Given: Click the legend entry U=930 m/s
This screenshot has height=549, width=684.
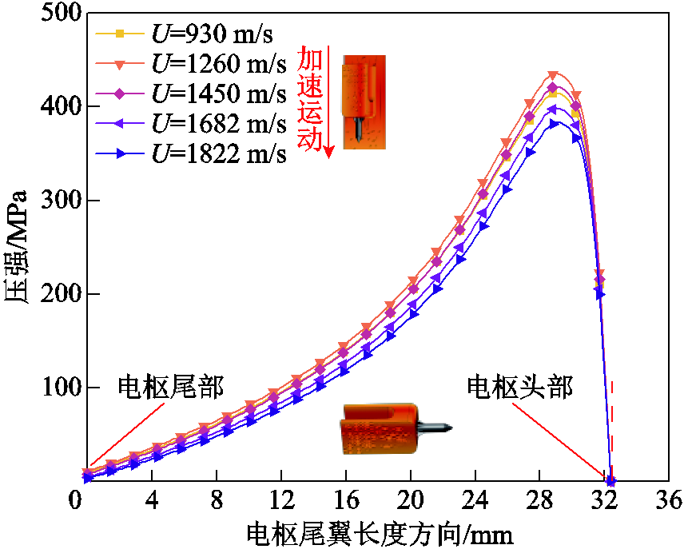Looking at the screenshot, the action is pyautogui.click(x=184, y=34).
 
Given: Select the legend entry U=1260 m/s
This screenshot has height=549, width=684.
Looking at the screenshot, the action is pyautogui.click(x=191, y=64).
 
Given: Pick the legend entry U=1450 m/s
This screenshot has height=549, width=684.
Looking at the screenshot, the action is pyautogui.click(x=191, y=93).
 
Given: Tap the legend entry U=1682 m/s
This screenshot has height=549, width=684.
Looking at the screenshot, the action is pyautogui.click(x=191, y=124).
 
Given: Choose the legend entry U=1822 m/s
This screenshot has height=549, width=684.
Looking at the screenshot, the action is pyautogui.click(x=191, y=153).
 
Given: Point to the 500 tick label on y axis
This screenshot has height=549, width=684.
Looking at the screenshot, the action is pyautogui.click(x=61, y=12).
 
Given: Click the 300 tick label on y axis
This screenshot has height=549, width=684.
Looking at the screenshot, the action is pyautogui.click(x=61, y=200).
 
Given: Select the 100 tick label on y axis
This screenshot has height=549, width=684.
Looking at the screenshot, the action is pyautogui.click(x=61, y=387).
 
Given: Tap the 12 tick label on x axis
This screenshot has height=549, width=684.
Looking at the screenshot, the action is pyautogui.click(x=281, y=499).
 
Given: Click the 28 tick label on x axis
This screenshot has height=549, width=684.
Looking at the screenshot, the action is pyautogui.click(x=539, y=499).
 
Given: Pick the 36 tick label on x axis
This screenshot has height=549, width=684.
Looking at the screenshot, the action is pyautogui.click(x=669, y=499).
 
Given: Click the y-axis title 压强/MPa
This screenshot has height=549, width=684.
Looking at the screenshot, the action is pyautogui.click(x=16, y=247).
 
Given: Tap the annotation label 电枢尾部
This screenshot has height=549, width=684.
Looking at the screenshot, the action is pyautogui.click(x=170, y=387).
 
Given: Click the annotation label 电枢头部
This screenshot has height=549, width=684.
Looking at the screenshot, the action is pyautogui.click(x=519, y=387).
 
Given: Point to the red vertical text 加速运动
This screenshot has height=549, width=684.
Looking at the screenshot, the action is pyautogui.click(x=310, y=99).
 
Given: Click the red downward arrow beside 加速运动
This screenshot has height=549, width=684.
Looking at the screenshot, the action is pyautogui.click(x=329, y=101).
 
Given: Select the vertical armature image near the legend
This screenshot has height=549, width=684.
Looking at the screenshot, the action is pyautogui.click(x=364, y=101).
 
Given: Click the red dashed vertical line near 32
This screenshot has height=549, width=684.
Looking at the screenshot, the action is pyautogui.click(x=612, y=432).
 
